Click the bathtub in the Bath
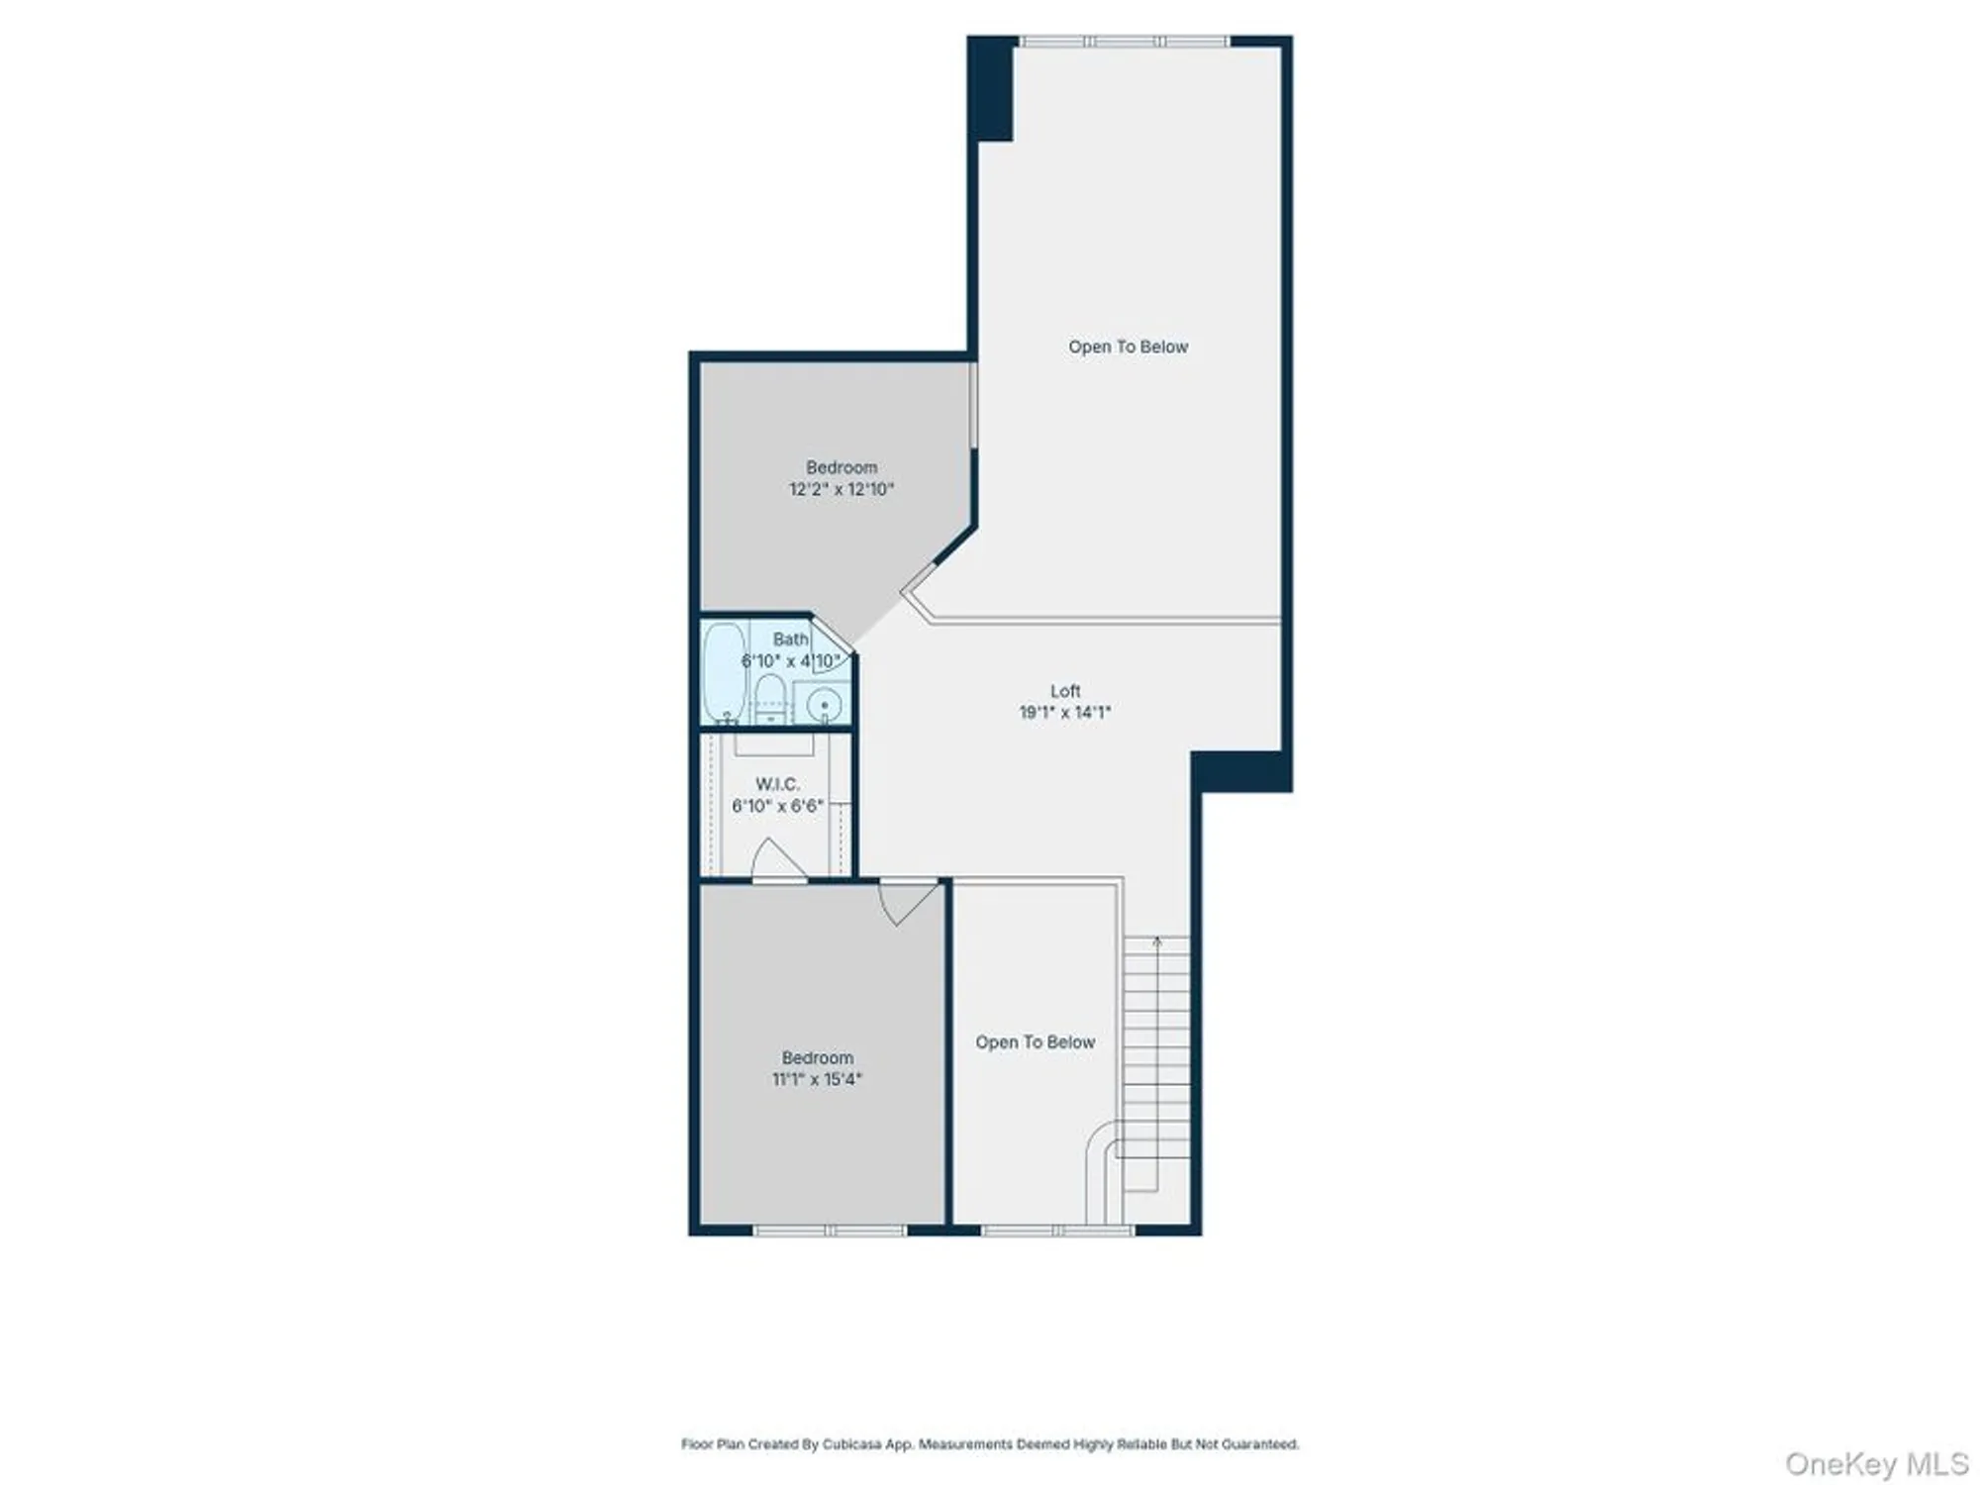click(724, 673)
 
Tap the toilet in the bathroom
click(769, 697)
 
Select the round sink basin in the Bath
click(823, 705)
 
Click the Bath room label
click(790, 640)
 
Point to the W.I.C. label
click(777, 784)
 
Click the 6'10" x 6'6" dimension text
click(777, 806)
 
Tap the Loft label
click(1065, 691)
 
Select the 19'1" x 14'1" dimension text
click(1065, 712)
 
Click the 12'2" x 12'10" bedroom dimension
click(841, 489)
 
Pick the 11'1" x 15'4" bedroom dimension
click(817, 1079)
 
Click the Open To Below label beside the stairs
click(1035, 1042)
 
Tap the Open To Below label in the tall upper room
click(1128, 346)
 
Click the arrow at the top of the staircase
click(1157, 942)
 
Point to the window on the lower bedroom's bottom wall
click(830, 1231)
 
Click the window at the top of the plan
click(1124, 42)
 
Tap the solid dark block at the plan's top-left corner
click(991, 89)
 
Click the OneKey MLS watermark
click(1876, 1463)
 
